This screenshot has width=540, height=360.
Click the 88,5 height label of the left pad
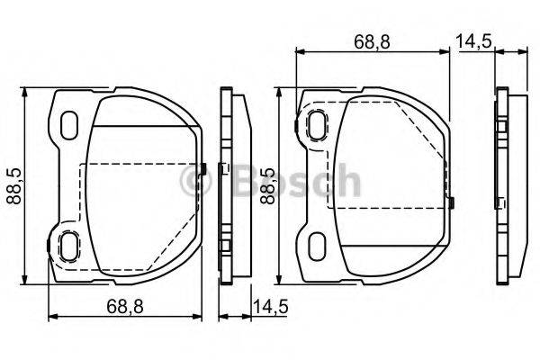point(13,185)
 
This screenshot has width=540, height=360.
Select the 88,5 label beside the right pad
point(266,185)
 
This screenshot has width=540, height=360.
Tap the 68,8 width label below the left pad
point(123,307)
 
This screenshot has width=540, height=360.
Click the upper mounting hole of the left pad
point(69,124)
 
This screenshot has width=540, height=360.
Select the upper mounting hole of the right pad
point(318,124)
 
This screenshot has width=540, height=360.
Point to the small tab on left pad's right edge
point(206,168)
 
